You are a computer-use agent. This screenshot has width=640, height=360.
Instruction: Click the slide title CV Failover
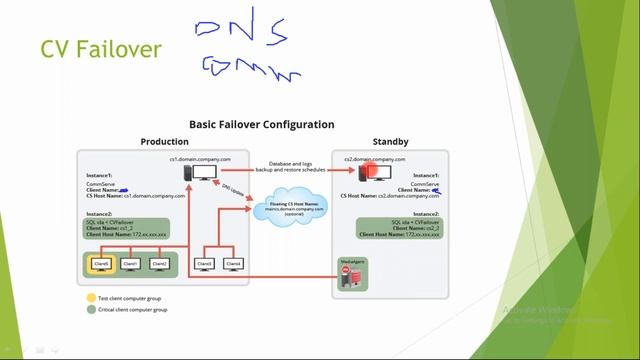(99, 48)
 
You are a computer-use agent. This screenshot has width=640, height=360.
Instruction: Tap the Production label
(164, 142)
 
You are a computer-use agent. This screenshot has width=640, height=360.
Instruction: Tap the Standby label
(390, 142)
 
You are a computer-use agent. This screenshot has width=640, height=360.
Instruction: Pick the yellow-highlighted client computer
(101, 264)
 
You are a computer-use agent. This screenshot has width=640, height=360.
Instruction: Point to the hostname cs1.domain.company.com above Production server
(200, 159)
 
